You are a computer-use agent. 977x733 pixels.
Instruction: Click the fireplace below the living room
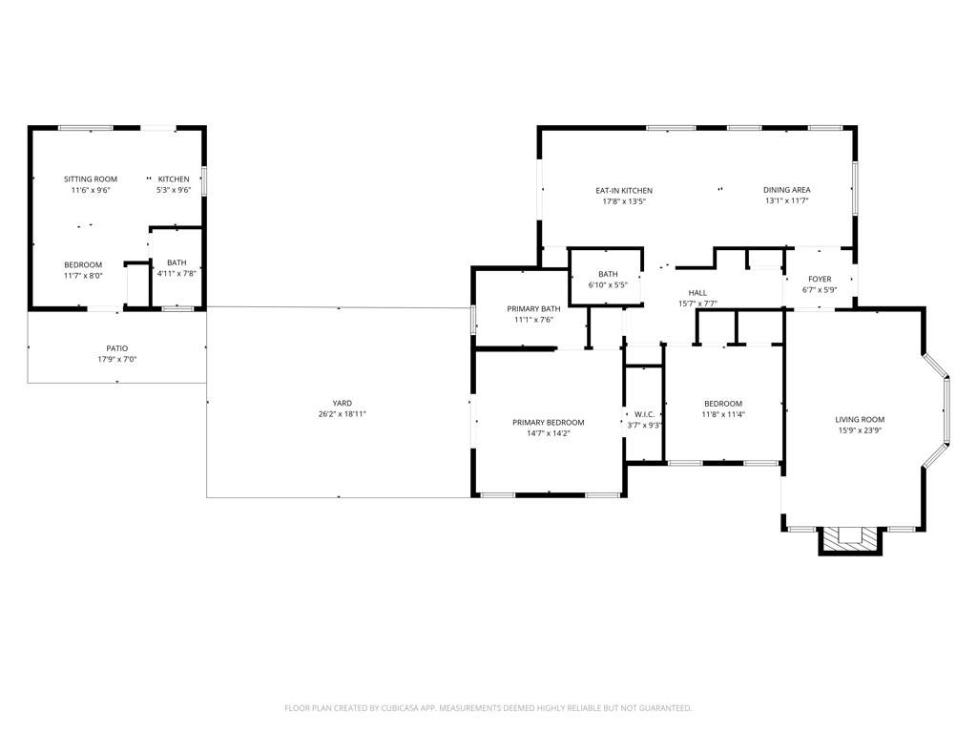[x=850, y=539]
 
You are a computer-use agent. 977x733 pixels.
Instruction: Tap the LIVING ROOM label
[x=860, y=419]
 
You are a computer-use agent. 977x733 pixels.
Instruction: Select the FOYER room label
[x=820, y=279]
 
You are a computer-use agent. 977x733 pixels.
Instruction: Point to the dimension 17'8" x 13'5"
[x=624, y=201]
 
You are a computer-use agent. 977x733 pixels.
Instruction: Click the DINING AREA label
[x=786, y=190]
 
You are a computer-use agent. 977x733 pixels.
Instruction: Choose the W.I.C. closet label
[x=643, y=414]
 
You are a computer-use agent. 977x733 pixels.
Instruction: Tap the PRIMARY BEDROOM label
[x=548, y=422]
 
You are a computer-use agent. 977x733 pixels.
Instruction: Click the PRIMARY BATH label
[x=533, y=308]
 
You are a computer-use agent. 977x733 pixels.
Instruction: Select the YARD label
[x=342, y=403]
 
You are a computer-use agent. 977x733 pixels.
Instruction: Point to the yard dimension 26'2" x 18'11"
[x=342, y=414]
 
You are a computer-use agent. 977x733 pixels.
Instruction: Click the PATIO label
[x=116, y=348]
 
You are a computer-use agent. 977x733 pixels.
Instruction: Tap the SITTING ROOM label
[x=91, y=178]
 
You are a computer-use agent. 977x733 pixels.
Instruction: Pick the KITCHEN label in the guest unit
[x=174, y=178]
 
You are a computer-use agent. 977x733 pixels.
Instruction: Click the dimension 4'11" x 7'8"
[x=177, y=274]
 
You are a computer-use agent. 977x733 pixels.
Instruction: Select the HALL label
[x=696, y=293]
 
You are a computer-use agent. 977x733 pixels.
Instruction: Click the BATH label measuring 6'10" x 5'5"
[x=608, y=274]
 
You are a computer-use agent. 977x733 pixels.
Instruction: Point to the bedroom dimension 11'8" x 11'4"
[x=722, y=414]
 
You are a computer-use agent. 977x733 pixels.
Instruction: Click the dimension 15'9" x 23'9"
[x=860, y=430]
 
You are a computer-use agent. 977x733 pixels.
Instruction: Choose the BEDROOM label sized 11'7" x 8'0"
[x=83, y=264]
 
